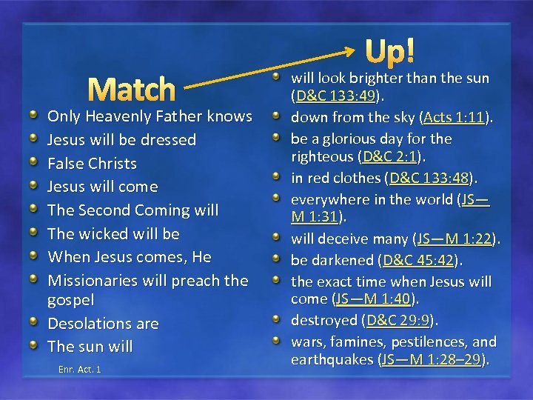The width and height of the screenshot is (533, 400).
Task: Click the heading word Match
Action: coord(135,90)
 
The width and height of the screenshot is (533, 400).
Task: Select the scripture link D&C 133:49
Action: coord(335,96)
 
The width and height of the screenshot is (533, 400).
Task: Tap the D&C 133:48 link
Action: coord(430,178)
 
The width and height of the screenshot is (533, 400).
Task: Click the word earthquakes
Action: coord(332,359)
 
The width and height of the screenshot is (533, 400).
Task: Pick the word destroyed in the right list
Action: coord(324,320)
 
